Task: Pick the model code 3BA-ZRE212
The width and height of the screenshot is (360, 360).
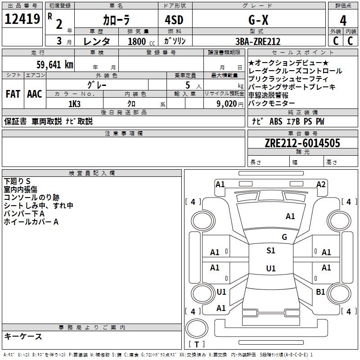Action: pos(258,41)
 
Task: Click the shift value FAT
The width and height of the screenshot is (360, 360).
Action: pos(13,94)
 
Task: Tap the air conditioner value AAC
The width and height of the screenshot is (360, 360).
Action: pos(35,94)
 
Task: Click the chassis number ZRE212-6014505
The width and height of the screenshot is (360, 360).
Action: pos(302,143)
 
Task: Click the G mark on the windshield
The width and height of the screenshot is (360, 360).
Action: pos(284,237)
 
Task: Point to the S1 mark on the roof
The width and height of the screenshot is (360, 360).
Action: pos(271,251)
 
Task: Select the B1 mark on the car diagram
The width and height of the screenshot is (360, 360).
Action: pos(320,292)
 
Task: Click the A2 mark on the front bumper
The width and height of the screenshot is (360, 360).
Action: pos(321,184)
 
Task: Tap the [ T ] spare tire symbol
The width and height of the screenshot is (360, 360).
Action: pos(197,345)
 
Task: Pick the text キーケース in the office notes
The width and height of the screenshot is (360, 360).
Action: pos(23,337)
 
